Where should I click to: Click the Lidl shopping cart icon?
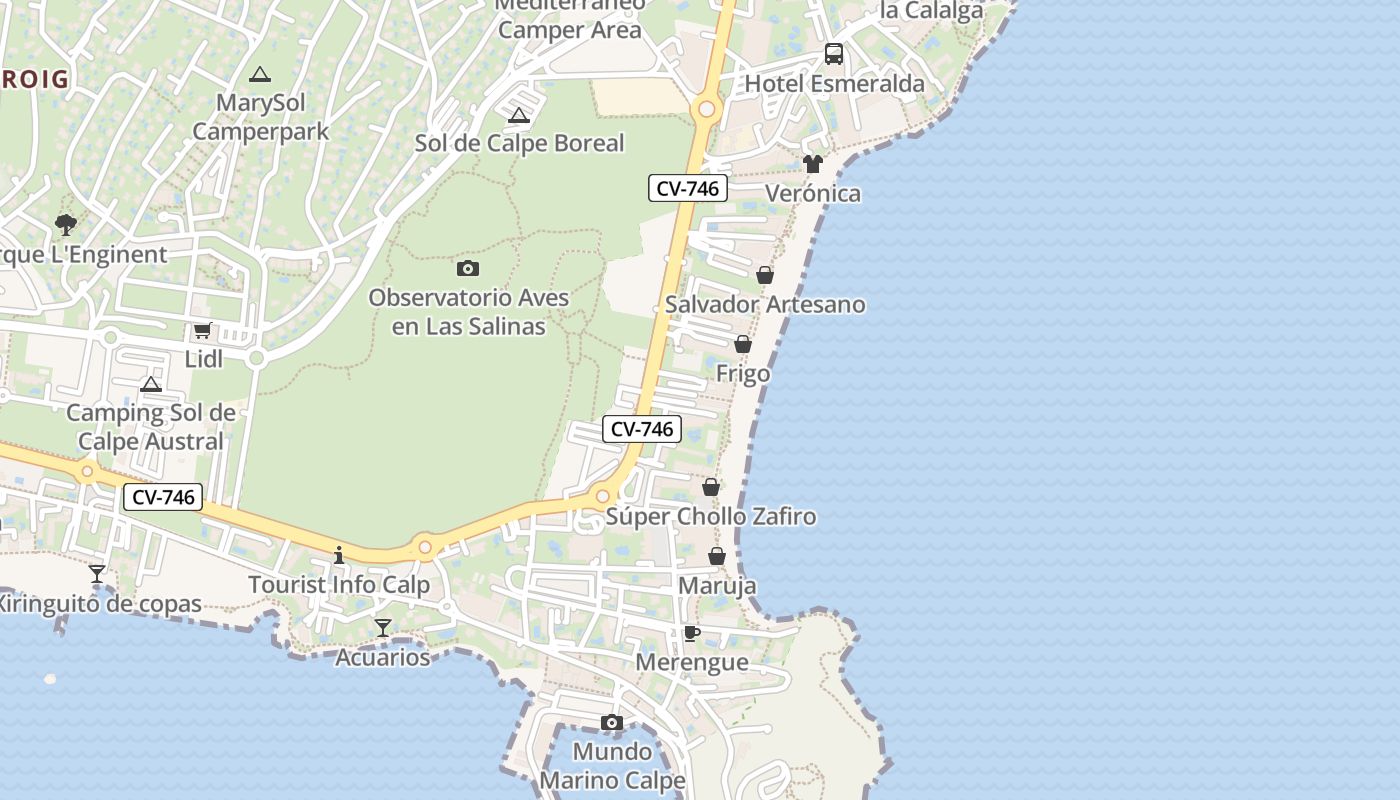[202, 330]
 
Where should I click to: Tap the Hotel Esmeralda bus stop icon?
[833, 54]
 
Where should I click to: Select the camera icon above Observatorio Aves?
[467, 268]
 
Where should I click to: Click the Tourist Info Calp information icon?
[339, 555]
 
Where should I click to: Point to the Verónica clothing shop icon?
[812, 164]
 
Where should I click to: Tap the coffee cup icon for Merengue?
[691, 633]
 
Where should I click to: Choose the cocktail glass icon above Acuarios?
[382, 628]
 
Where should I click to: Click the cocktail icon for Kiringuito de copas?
[97, 574]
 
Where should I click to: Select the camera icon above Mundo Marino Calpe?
[611, 722]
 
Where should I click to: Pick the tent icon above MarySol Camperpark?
[260, 74]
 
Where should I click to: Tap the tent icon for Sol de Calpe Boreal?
[518, 116]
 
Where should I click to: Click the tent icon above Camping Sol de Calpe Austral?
[151, 384]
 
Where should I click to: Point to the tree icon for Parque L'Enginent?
[66, 224]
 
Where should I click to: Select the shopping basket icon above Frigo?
[743, 345]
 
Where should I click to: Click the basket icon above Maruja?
[717, 556]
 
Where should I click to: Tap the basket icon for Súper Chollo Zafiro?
[710, 487]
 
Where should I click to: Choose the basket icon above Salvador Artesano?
[765, 275]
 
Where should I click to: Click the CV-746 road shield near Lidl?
[163, 497]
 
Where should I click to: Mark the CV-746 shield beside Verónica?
[687, 188]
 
